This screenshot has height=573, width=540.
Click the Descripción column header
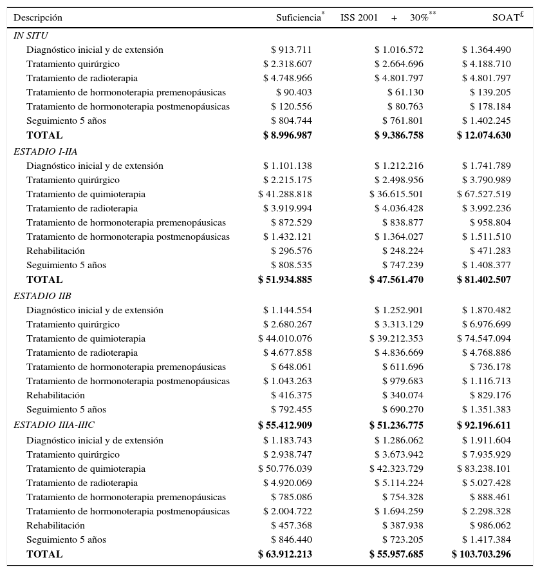coord(38,18)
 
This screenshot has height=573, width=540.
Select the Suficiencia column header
coord(299,18)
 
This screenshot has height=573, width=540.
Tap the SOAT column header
coord(506,18)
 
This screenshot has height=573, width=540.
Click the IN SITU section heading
coord(30,36)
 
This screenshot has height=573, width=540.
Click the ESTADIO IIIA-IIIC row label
coord(54,425)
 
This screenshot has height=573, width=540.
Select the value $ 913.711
coord(292,50)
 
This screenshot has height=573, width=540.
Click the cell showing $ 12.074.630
coord(484,135)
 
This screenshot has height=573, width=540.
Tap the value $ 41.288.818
coord(285,195)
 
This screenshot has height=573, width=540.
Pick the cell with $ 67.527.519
coord(484,195)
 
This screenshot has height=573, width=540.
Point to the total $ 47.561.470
coord(396,280)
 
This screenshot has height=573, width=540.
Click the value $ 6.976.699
coord(487,325)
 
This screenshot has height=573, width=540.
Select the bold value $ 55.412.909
coord(285,425)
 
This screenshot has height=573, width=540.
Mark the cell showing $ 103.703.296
coord(481,554)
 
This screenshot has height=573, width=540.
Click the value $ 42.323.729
coord(396,469)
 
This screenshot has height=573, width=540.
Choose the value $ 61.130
coord(405,93)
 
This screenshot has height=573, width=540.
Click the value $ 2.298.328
coord(487,512)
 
